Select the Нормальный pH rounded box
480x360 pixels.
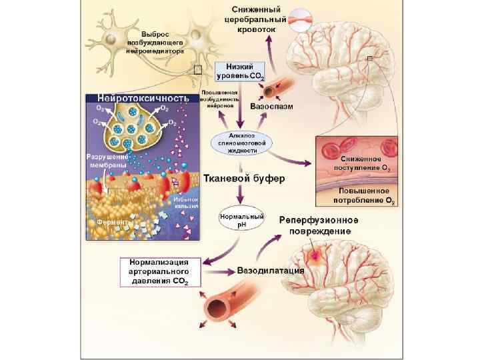(x=242, y=219)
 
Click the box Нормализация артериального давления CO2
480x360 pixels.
(x=159, y=271)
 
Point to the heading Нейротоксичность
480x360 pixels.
(x=143, y=98)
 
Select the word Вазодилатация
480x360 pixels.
(x=271, y=271)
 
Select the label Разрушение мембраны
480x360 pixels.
(x=102, y=161)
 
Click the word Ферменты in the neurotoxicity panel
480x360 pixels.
(x=109, y=221)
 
